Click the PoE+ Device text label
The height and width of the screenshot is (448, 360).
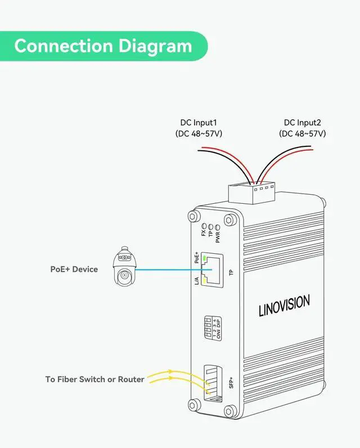74,269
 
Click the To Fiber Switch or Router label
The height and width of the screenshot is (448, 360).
94,379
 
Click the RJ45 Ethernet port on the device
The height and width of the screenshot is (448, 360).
212,269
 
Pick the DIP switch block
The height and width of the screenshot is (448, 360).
210,328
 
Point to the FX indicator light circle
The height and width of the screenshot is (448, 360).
204,224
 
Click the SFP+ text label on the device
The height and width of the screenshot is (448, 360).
230,382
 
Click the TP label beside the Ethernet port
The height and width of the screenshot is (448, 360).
231,273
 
